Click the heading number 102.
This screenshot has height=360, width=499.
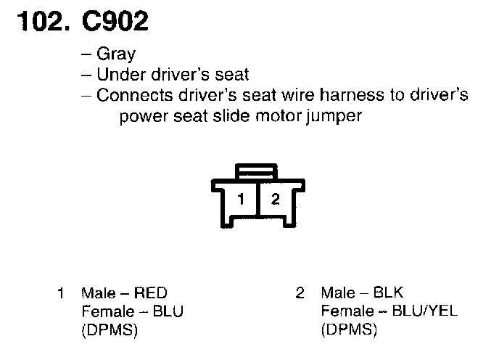40,22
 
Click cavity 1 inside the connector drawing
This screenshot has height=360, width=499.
244,199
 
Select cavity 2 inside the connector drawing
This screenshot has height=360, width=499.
275,199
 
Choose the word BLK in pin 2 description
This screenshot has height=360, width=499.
388,294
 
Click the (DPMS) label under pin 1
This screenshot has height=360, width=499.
110,330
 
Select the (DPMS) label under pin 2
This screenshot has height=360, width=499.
349,330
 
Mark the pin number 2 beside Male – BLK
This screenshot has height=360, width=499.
300,294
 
